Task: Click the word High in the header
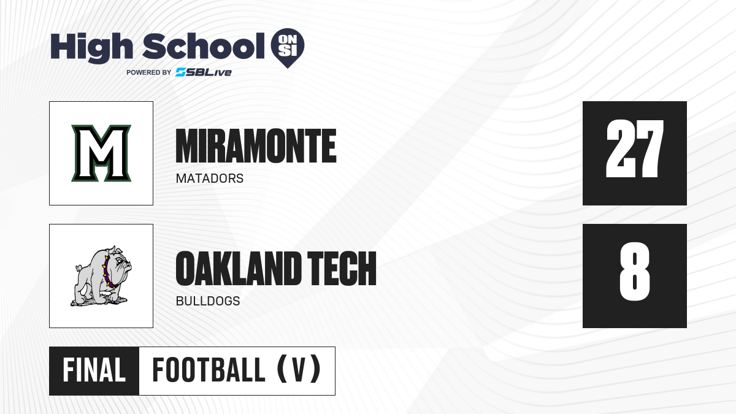91,47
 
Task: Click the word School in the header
204,46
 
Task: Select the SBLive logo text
204,72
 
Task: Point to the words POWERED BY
149,72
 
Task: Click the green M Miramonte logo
101,153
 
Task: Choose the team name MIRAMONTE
256,146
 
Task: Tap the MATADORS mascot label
210,178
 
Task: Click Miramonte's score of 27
634,148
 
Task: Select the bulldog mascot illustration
101,276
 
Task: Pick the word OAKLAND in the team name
239,269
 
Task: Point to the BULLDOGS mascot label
208,301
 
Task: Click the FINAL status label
94,370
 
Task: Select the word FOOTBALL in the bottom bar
209,370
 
